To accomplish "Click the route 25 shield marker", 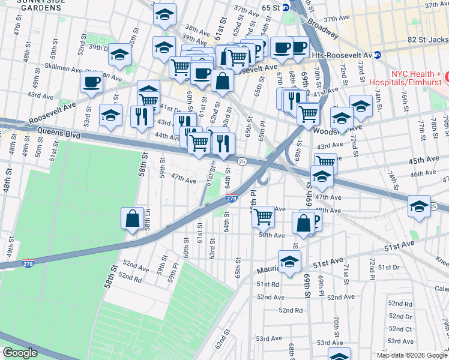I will (242, 161).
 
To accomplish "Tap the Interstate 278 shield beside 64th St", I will (231, 198).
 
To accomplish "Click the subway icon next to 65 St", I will (286, 7).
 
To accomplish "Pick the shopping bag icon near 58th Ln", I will (132, 220).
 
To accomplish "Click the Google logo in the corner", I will (20, 353).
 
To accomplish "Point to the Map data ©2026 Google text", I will (412, 355).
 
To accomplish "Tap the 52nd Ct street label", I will (400, 329).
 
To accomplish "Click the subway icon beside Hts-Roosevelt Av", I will (378, 55).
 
